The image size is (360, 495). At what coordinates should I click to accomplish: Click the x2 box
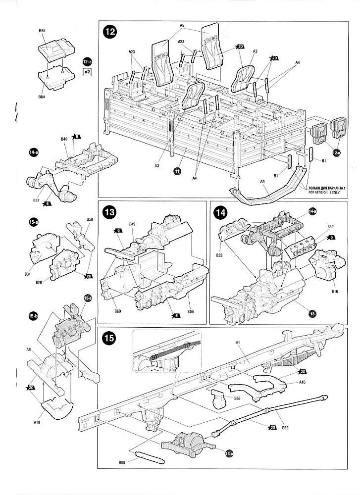coord(88,72)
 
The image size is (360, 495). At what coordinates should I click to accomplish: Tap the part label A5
coord(182,25)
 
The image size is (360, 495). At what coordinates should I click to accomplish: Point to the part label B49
coord(132,224)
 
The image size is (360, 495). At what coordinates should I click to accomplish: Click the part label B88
coord(122,462)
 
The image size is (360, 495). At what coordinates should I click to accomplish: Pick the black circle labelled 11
coord(177,171)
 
